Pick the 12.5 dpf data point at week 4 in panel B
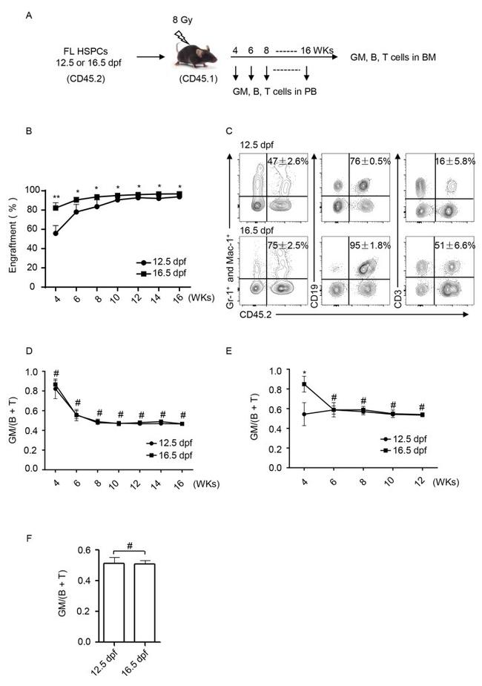click(x=56, y=233)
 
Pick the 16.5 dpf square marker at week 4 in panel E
click(x=303, y=384)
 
